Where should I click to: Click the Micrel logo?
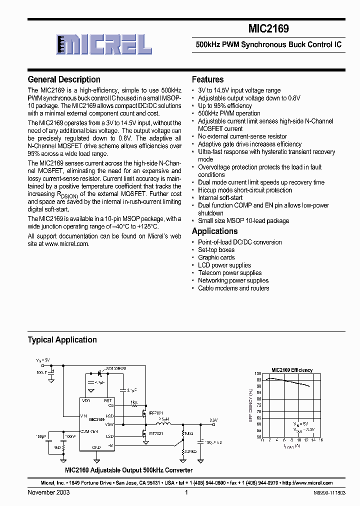[x=104, y=45]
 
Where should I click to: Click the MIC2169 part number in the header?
[x=268, y=29]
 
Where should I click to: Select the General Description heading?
[x=64, y=79]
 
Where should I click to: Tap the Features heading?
[x=207, y=79]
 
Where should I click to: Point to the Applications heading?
[x=214, y=231]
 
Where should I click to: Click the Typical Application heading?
[x=62, y=339]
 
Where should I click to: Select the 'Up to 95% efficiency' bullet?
[x=224, y=106]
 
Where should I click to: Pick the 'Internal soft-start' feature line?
[x=220, y=197]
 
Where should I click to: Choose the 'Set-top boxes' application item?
[x=216, y=249]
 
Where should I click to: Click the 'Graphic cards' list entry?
[x=216, y=257]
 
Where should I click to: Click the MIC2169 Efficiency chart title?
[x=292, y=370]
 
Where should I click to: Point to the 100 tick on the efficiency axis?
[x=257, y=373]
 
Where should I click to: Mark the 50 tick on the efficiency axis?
[x=258, y=436]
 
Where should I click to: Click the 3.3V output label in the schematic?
[x=213, y=420]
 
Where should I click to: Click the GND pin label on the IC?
[x=96, y=447]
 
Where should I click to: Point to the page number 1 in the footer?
[x=186, y=492]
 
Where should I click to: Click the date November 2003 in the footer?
[x=48, y=492]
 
